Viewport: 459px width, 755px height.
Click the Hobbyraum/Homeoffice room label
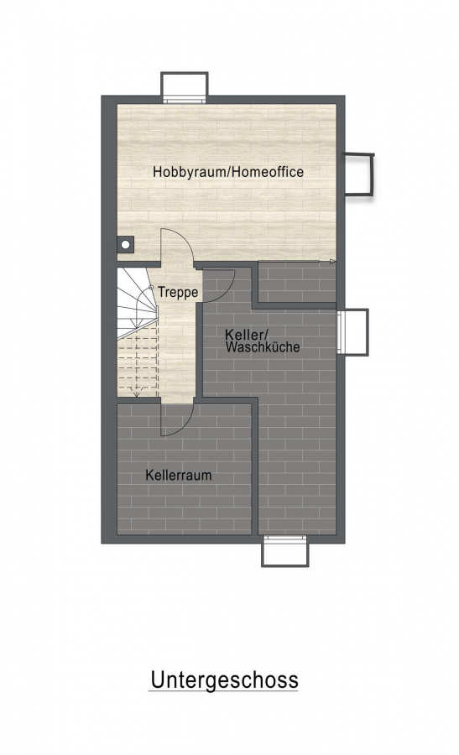(227, 172)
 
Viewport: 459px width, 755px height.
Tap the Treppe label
(178, 292)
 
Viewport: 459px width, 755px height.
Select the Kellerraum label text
(179, 476)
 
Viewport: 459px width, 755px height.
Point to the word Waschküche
(263, 346)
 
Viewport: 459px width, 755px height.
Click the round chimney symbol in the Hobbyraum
(125, 245)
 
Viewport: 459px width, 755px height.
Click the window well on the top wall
(184, 86)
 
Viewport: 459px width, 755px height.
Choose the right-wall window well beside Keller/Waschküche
(352, 332)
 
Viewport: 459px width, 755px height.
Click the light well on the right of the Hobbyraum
(358, 174)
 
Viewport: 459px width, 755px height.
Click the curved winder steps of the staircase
(138, 302)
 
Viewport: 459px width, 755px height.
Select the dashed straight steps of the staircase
(138, 362)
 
